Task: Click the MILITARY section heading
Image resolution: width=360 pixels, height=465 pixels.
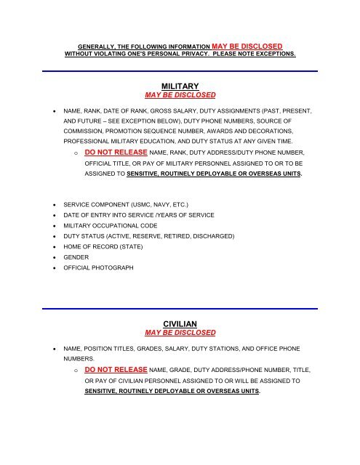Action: click(x=180, y=86)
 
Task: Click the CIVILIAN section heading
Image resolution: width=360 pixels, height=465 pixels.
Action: click(x=180, y=323)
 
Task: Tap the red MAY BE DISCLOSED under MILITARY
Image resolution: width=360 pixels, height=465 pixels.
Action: click(x=180, y=95)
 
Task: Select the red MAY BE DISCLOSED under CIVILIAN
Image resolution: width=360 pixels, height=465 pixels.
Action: click(x=180, y=333)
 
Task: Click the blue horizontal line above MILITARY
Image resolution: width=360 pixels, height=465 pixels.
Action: click(x=180, y=71)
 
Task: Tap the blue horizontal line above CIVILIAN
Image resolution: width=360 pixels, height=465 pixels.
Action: click(x=180, y=308)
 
